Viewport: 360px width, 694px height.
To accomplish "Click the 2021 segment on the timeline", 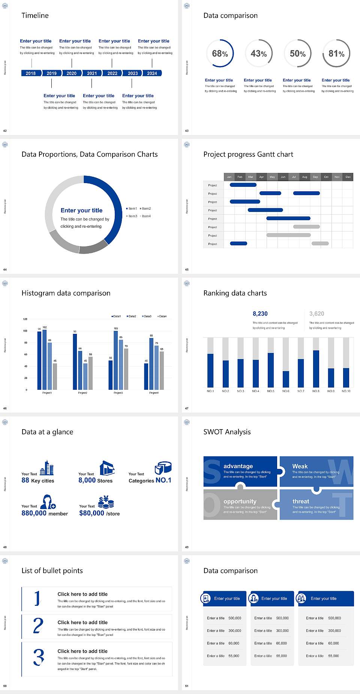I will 92,73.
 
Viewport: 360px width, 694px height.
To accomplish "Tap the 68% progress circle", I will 220,53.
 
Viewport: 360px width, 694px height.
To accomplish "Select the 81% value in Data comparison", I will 336,54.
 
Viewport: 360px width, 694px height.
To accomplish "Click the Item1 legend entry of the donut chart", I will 132,209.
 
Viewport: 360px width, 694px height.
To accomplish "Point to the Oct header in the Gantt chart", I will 326,177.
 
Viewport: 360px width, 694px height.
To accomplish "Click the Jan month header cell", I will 229,177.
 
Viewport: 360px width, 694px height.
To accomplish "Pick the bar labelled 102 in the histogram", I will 45,358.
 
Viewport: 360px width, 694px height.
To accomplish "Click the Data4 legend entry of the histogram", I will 162,316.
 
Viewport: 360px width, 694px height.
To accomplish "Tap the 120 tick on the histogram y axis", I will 25,319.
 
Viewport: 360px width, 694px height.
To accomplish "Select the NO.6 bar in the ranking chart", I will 286,379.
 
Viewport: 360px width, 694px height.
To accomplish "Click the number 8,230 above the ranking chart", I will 260,314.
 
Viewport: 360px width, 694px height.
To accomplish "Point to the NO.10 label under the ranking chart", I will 346,391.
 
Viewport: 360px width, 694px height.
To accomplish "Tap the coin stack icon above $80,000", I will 106,502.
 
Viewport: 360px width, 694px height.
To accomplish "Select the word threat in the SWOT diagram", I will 301,501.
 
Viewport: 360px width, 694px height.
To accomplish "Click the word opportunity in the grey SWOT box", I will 240,501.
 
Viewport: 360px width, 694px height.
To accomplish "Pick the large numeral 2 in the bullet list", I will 38,626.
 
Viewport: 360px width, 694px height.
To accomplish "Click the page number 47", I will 187,408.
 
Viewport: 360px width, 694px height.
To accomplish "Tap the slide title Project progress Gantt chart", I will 248,154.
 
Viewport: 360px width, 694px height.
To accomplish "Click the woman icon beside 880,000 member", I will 48,502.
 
